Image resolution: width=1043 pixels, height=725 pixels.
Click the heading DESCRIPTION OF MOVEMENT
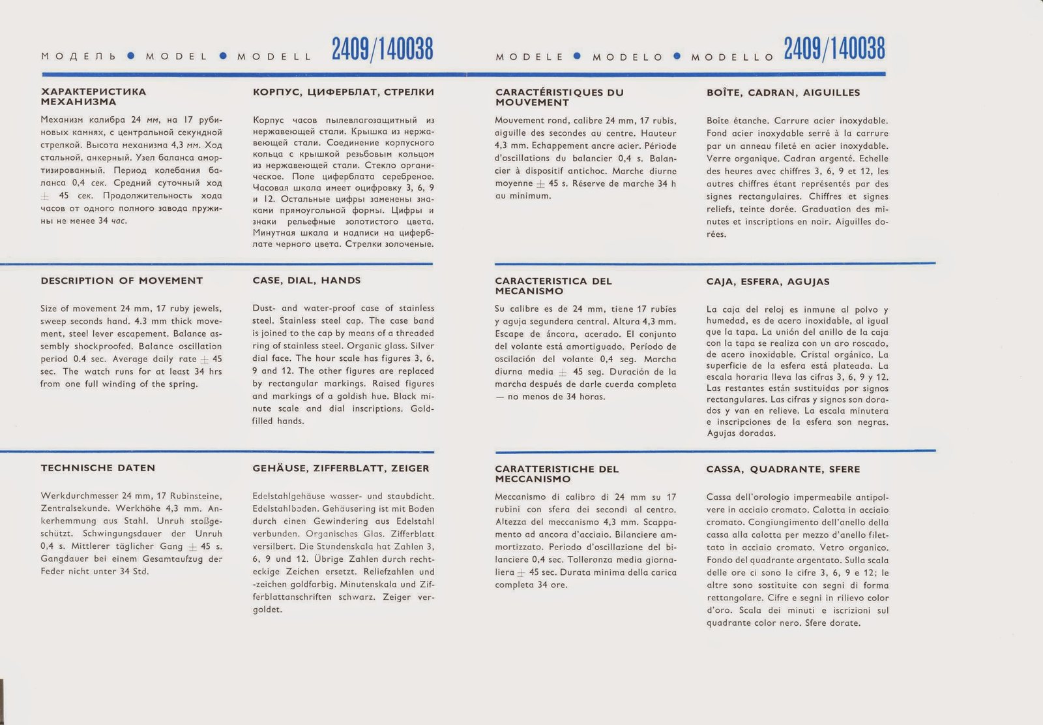121,281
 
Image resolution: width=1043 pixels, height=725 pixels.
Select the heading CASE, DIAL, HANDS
306,281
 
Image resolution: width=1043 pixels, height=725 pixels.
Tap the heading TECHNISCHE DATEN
98,468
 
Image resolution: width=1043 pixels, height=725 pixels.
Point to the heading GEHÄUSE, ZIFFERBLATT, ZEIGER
341,468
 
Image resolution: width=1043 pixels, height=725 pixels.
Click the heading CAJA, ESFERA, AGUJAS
768,282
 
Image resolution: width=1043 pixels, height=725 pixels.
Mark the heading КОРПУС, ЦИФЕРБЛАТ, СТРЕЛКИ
343,92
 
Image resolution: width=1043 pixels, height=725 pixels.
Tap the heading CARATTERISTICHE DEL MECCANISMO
557,474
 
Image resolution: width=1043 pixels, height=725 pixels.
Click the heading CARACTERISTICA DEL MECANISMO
553,286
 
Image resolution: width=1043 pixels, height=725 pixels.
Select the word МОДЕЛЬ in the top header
79,57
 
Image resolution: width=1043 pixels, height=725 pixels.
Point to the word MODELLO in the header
733,57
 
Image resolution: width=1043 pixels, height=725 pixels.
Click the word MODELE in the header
529,57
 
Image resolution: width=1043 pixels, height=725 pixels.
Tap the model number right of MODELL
383,50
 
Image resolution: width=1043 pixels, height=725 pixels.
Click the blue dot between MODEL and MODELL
223,56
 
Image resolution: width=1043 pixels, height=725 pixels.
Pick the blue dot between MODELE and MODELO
577,56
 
